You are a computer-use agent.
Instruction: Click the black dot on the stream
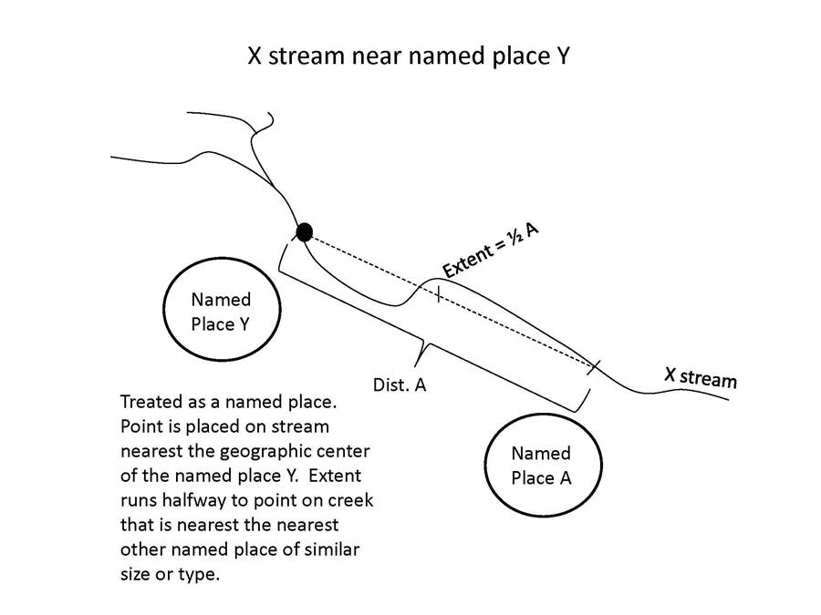point(305,231)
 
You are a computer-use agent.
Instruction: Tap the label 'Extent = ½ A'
point(491,250)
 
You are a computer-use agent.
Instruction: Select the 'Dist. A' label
point(400,384)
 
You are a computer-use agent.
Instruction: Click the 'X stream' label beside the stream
point(700,375)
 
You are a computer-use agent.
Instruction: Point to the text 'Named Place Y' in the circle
point(220,311)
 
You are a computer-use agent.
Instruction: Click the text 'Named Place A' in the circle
point(541,465)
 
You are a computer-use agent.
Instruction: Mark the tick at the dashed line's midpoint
point(439,293)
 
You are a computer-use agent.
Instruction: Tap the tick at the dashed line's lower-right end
point(595,366)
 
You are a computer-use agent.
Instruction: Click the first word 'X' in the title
point(256,56)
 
